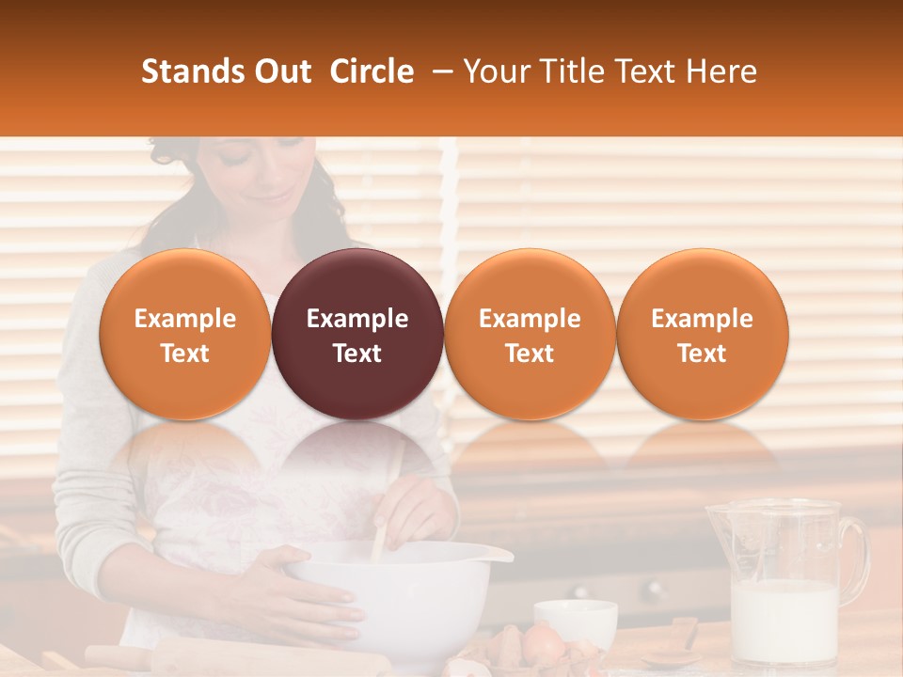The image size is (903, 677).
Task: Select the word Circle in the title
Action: click(372, 71)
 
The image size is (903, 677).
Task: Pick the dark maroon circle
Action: click(357, 335)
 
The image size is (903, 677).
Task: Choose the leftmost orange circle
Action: click(184, 335)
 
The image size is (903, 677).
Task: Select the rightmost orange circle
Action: click(702, 335)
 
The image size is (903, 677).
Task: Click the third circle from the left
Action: click(530, 335)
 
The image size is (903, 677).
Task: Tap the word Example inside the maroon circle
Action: click(357, 319)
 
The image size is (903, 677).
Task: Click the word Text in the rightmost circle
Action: click(702, 354)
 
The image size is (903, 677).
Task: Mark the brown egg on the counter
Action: click(543, 644)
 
